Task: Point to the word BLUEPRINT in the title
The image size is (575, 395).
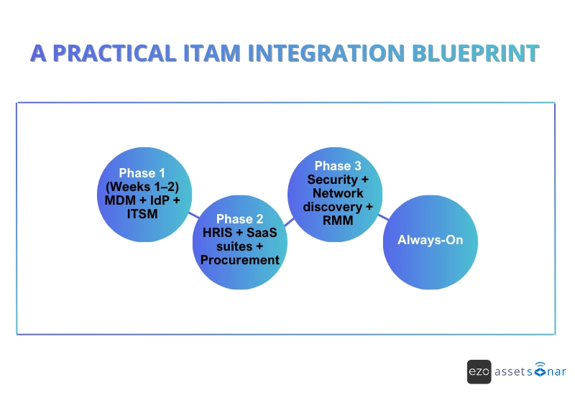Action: tap(475, 53)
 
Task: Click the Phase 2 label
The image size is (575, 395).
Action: tap(239, 219)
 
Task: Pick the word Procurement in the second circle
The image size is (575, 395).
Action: tap(239, 259)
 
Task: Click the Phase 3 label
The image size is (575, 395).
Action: tap(333, 167)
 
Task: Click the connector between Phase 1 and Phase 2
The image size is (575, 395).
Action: tap(193, 214)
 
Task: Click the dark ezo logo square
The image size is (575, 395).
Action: tap(479, 371)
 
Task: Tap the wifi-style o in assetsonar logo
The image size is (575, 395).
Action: tap(539, 371)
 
